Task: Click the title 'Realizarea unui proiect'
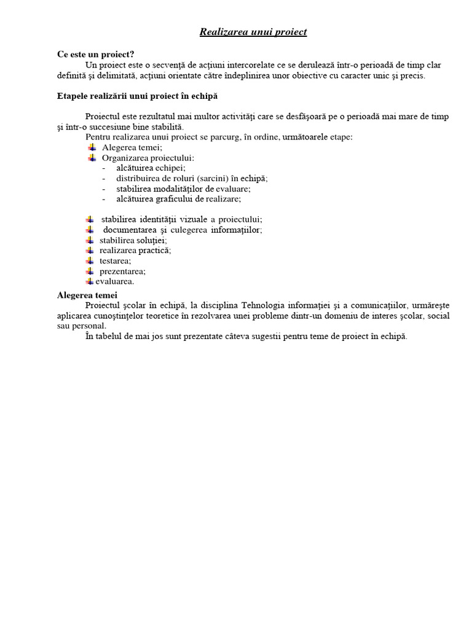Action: point(253,32)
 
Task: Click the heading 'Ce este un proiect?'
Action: point(95,55)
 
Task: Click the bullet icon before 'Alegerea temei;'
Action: point(92,147)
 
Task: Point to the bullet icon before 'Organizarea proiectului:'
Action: point(92,158)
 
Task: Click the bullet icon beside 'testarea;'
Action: point(90,260)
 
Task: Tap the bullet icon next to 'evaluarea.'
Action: point(90,281)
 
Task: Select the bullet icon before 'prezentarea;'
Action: point(90,271)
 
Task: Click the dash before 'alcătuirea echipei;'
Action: point(104,168)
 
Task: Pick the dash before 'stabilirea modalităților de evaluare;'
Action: point(104,189)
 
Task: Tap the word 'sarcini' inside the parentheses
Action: point(214,179)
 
